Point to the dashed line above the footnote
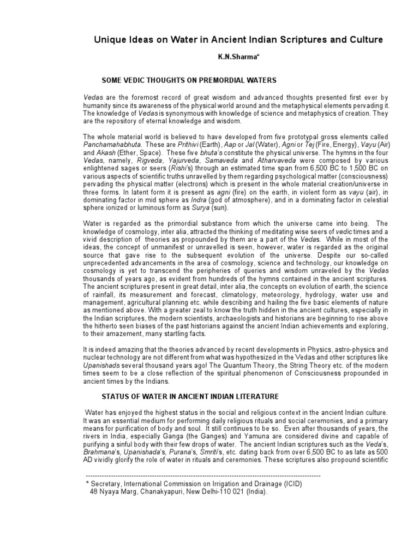(x=203, y=477)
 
